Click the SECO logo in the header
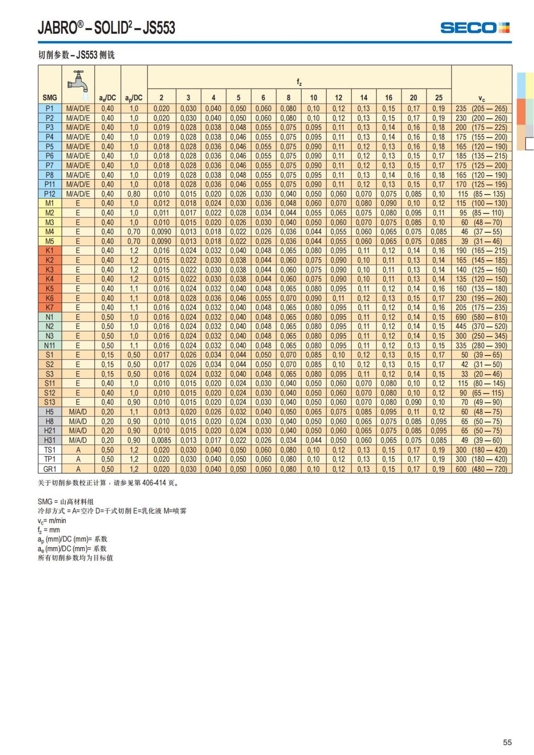coord(475,28)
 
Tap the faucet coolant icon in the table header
coord(78,82)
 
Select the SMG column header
coord(49,97)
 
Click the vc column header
coord(481,98)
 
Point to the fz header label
coord(299,82)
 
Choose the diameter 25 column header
coord(439,97)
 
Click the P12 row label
coord(49,194)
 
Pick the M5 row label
coord(49,241)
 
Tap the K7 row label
coord(49,307)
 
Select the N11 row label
coord(49,346)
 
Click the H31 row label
coord(49,440)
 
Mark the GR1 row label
coord(49,469)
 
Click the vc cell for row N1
coord(481,317)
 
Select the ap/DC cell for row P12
coord(133,194)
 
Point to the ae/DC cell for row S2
coord(107,365)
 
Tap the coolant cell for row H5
coord(78,412)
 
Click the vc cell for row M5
coord(481,241)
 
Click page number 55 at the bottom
coord(507,742)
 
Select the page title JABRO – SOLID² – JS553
coord(106,28)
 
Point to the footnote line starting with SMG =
coord(66,502)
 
